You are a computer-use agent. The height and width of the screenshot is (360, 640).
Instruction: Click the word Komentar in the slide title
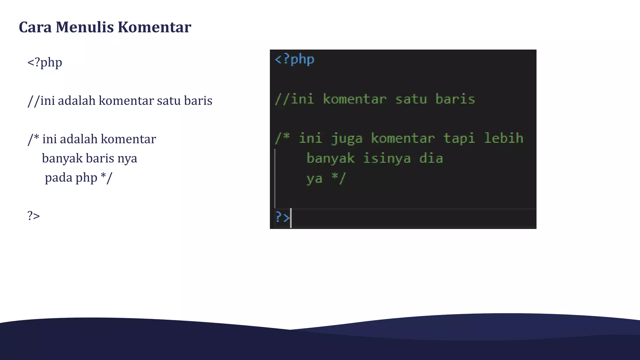click(x=154, y=27)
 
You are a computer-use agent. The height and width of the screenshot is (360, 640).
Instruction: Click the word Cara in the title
click(x=35, y=27)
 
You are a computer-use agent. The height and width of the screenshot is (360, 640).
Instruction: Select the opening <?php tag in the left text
click(x=45, y=62)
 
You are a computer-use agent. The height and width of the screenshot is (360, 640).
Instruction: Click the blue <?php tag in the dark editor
click(x=294, y=59)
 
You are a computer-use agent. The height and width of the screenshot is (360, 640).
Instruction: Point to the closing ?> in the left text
click(x=33, y=216)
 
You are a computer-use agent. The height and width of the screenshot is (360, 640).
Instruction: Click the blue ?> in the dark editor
click(x=282, y=217)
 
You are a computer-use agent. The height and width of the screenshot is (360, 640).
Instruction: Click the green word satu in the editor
click(x=411, y=99)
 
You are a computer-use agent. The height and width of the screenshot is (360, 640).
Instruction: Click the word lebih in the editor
click(x=503, y=138)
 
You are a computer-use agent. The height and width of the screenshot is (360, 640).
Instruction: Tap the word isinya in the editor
click(x=387, y=159)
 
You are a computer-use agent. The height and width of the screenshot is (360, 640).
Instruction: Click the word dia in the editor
click(x=431, y=158)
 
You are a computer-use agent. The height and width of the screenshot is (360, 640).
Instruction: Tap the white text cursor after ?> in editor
click(x=291, y=218)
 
